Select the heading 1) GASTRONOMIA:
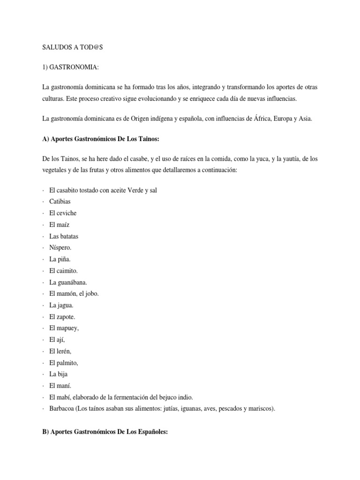coord(70,68)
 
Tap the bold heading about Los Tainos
coord(100,139)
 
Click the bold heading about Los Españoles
coord(105,432)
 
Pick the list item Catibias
coord(60,202)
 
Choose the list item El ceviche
coord(62,213)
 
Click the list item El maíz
coord(59,225)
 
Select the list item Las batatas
coord(64,236)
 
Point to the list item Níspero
coord(60,247)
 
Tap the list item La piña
coord(60,259)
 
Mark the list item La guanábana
coord(68,282)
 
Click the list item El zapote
coord(62,317)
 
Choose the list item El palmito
coord(63,363)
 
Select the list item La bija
coord(59,375)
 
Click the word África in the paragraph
coord(252,119)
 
